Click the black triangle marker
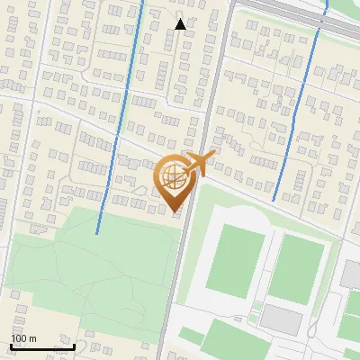tap(181, 24)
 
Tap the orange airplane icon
tap(201, 164)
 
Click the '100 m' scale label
tap(23, 338)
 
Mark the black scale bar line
tap(42, 346)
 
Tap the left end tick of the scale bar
tap(11, 345)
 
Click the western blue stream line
tap(122, 108)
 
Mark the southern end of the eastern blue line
tap(274, 200)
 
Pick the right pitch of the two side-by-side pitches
tap(296, 267)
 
